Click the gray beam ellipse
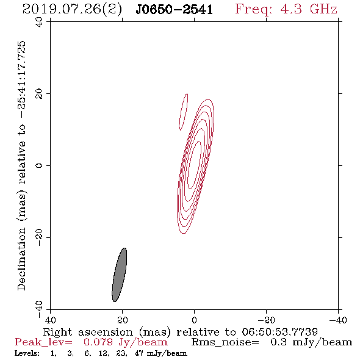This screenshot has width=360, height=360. (119, 275)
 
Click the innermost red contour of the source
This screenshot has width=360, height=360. (194, 165)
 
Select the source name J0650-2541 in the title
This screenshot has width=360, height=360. (175, 10)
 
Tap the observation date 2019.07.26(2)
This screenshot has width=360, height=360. (72, 10)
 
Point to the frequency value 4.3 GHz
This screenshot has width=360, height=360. (308, 9)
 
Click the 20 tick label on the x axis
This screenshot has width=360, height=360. (122, 320)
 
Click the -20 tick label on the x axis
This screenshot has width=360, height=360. (266, 320)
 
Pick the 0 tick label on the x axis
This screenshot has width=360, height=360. (194, 320)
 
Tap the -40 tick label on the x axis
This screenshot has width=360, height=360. (338, 320)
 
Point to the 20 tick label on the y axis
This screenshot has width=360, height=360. (39, 94)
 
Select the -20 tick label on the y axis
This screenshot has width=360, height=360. (39, 237)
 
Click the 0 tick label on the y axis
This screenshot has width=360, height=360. (39, 165)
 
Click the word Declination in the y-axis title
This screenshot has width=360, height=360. (21, 259)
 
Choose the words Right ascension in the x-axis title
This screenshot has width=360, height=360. (88, 332)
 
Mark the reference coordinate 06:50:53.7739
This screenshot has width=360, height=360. (279, 332)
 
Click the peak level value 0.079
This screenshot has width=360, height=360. (98, 342)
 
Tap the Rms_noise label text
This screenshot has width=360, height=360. (225, 342)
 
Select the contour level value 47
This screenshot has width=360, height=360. (139, 353)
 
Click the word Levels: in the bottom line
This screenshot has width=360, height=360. (27, 353)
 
